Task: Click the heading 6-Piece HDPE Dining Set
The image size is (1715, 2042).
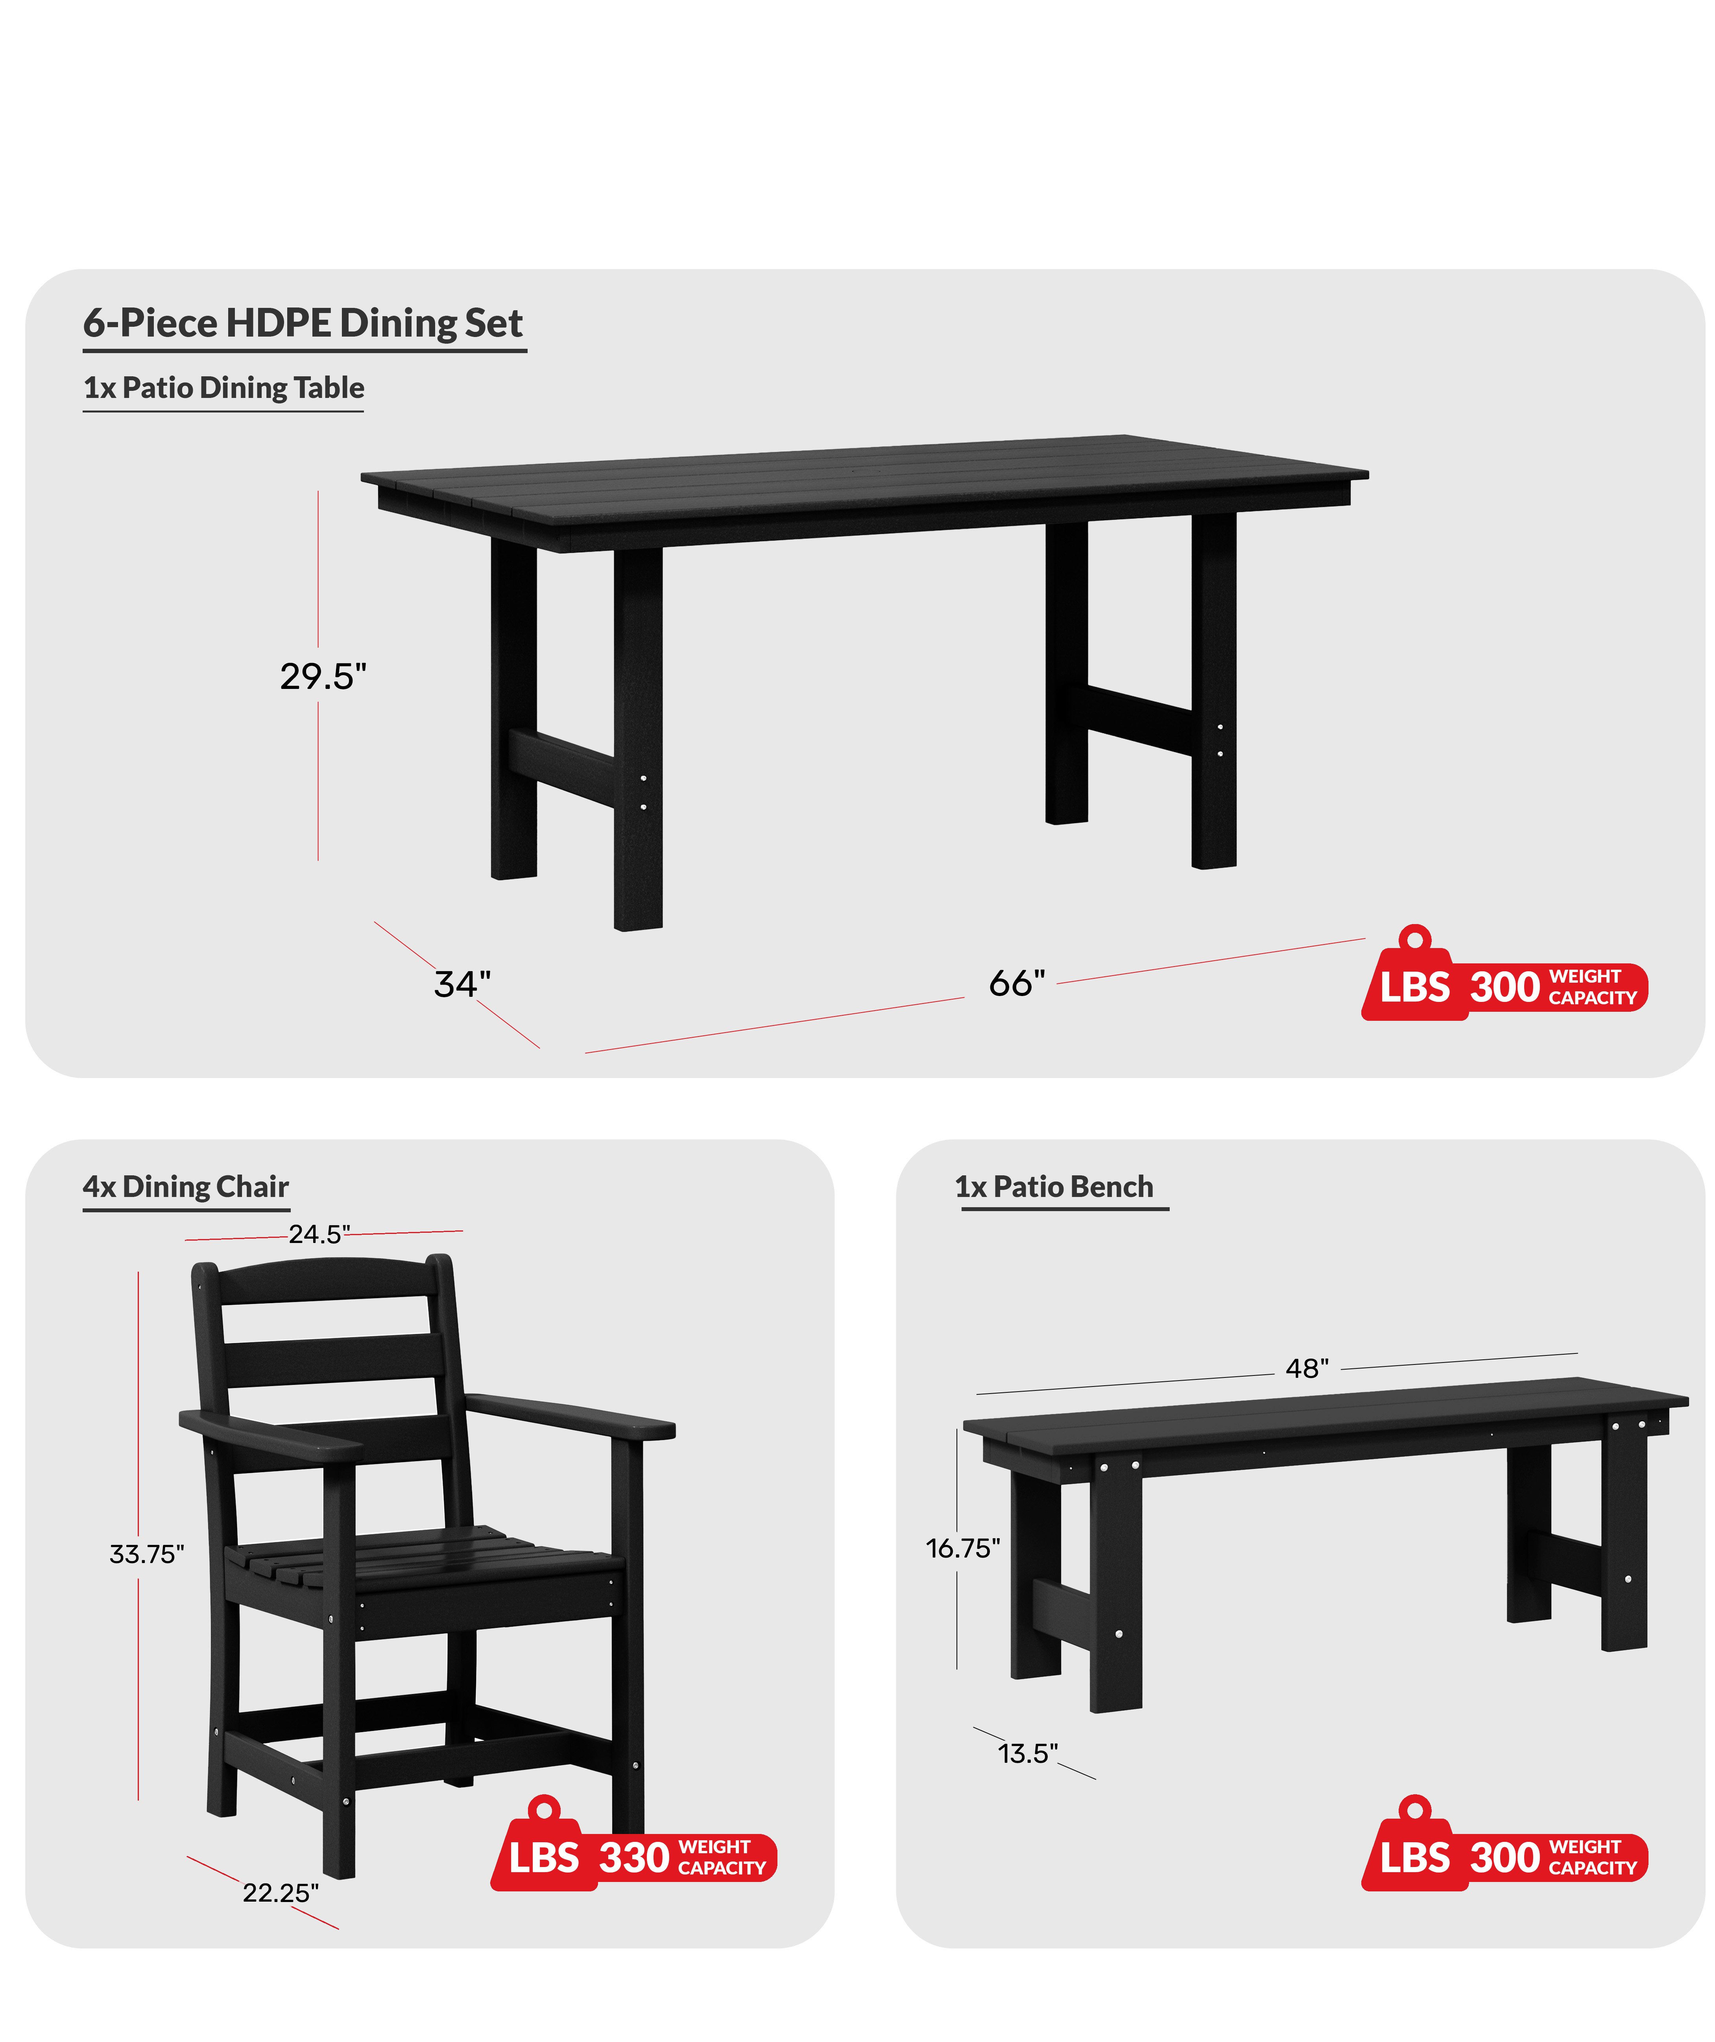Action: (x=303, y=323)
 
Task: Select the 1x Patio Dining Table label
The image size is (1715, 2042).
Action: (x=224, y=388)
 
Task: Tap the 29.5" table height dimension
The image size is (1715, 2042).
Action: (x=323, y=676)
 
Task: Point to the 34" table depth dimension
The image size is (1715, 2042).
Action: (x=462, y=984)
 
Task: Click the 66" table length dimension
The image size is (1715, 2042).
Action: (x=1017, y=983)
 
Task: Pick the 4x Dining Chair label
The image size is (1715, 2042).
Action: (x=186, y=1187)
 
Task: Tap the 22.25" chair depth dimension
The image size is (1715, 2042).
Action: (x=280, y=1892)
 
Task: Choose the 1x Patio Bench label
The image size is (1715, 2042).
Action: (x=1054, y=1187)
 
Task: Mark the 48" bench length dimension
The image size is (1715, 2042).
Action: (x=1307, y=1368)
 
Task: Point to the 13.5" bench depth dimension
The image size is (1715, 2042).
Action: (x=1027, y=1753)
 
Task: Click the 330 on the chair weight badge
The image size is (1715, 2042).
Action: (x=634, y=1857)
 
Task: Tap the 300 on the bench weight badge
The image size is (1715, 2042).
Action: (x=1505, y=1857)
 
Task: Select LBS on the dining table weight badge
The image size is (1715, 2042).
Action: (x=1414, y=987)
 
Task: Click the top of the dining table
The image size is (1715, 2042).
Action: (x=864, y=477)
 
